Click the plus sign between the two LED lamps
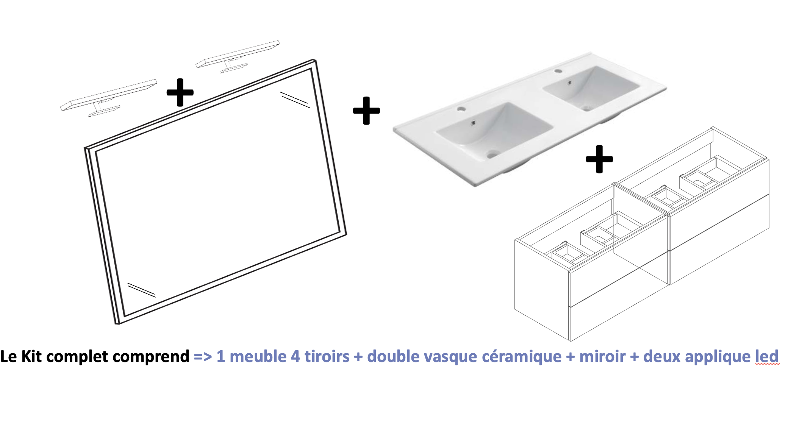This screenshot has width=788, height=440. pos(180,92)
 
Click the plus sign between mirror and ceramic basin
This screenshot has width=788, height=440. pos(366,111)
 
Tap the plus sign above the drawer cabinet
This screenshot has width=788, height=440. pos(599,159)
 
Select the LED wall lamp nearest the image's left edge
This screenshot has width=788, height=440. pos(109,98)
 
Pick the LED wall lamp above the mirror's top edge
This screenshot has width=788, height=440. pos(238,56)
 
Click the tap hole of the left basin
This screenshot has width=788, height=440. pos(461,109)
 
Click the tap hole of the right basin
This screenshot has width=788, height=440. pos(558,71)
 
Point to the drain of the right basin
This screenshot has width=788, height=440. pos(587,108)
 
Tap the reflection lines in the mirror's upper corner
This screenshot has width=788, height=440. pos(295,100)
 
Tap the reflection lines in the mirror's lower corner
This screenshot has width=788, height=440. pos(141,290)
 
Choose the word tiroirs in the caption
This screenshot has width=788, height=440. pos(327,356)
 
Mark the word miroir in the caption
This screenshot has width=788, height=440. pos(602,356)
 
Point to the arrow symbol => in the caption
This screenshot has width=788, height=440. pos(203,357)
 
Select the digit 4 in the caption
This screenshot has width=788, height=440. pos(295,357)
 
